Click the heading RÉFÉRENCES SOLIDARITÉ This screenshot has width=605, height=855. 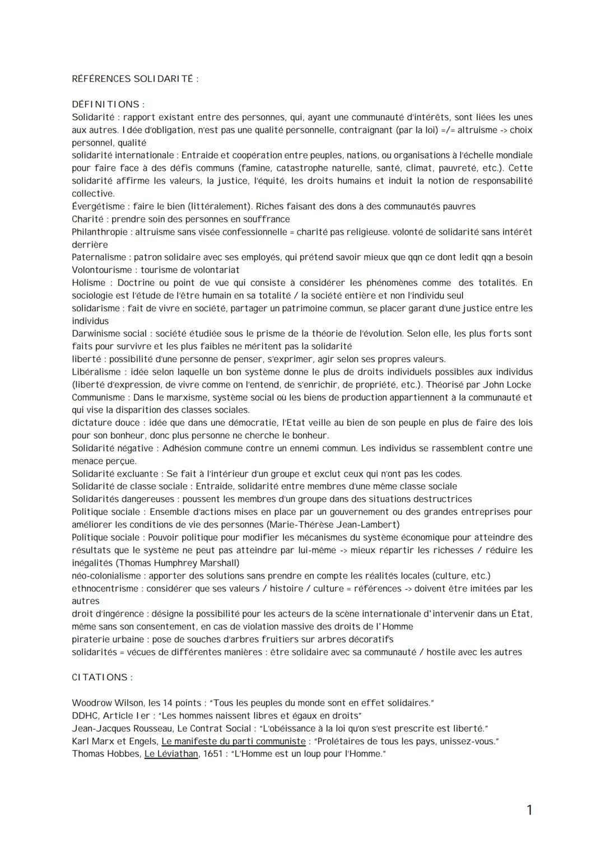coord(135,79)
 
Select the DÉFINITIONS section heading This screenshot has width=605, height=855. coord(108,105)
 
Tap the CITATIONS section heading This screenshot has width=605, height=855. coord(102,678)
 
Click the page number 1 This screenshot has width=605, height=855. coord(529,810)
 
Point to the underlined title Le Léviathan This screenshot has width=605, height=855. coord(171,754)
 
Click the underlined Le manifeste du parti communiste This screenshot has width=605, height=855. coord(234,741)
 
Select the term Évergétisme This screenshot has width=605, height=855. coord(99,207)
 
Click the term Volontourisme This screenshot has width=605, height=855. coord(102,270)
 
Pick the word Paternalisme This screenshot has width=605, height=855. coord(99,258)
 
